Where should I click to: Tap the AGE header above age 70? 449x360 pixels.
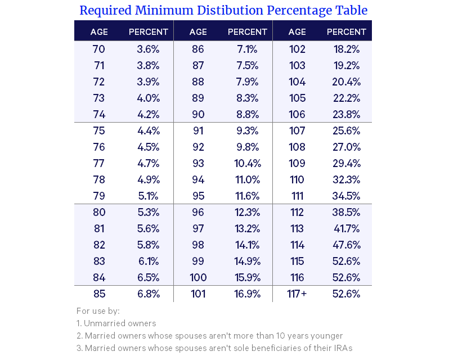click(99, 31)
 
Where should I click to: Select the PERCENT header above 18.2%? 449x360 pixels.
click(347, 31)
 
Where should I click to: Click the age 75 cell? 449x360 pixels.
click(99, 130)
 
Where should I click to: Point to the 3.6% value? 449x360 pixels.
click(149, 49)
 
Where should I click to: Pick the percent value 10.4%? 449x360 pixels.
click(248, 163)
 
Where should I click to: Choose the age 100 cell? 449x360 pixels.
click(198, 277)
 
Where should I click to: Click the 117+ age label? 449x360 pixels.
click(297, 294)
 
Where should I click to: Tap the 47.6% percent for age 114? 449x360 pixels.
click(347, 245)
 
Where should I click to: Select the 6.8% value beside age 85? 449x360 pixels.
click(149, 294)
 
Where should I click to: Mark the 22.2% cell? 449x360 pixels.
click(347, 98)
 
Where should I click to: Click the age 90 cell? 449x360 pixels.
click(198, 114)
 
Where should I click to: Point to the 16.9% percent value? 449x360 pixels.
click(248, 294)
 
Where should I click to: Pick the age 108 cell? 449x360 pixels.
click(297, 147)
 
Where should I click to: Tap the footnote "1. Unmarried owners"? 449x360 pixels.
click(116, 323)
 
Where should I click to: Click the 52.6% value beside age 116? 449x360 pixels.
click(347, 277)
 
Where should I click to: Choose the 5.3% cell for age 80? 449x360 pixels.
click(149, 212)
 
